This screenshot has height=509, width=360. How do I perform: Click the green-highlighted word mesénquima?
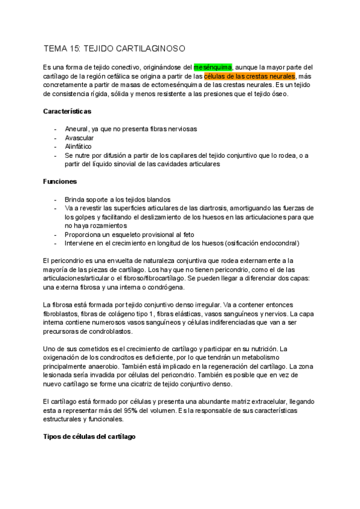click(x=212, y=68)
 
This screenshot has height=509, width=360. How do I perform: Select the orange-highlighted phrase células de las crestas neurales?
click(x=250, y=77)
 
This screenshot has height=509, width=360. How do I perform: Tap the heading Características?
click(x=68, y=112)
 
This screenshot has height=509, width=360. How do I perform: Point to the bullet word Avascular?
click(x=79, y=137)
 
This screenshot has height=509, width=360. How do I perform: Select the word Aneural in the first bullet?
click(x=76, y=129)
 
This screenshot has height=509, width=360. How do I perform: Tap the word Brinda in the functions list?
click(x=74, y=199)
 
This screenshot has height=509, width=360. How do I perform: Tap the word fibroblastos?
click(x=63, y=314)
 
